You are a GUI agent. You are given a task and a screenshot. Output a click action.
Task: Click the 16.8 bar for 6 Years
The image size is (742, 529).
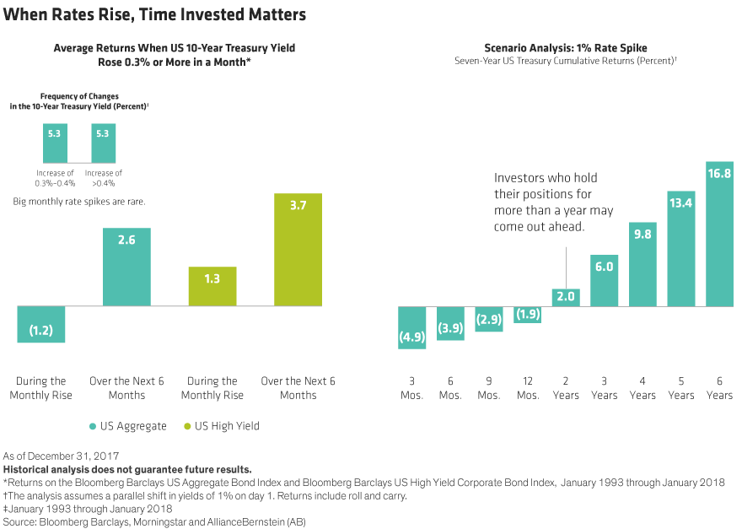(x=720, y=233)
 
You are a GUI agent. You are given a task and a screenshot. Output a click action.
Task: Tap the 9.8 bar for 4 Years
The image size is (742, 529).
(x=643, y=263)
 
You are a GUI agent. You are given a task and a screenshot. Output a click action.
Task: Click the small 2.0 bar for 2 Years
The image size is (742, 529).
(x=565, y=296)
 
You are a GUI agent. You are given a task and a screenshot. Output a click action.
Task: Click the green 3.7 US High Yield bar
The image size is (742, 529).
(x=299, y=249)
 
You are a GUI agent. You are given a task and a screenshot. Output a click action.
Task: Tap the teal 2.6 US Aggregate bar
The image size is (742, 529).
(x=127, y=266)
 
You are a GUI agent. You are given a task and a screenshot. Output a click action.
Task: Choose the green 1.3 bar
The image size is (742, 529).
(x=212, y=284)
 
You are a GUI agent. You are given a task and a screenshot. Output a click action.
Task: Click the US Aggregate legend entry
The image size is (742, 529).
(x=129, y=427)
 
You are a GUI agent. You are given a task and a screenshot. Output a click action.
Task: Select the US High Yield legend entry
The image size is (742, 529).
(x=221, y=427)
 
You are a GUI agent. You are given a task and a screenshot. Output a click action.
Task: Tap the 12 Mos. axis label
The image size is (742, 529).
(x=528, y=388)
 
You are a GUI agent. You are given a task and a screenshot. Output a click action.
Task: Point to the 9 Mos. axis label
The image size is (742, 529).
(x=489, y=388)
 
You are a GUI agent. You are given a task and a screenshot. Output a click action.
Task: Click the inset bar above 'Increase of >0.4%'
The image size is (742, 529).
(x=104, y=143)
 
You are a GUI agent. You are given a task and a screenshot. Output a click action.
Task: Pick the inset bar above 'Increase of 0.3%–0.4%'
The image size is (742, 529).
(x=55, y=143)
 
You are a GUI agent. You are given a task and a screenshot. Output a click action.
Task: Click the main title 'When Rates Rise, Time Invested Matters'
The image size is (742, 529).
(x=155, y=14)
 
